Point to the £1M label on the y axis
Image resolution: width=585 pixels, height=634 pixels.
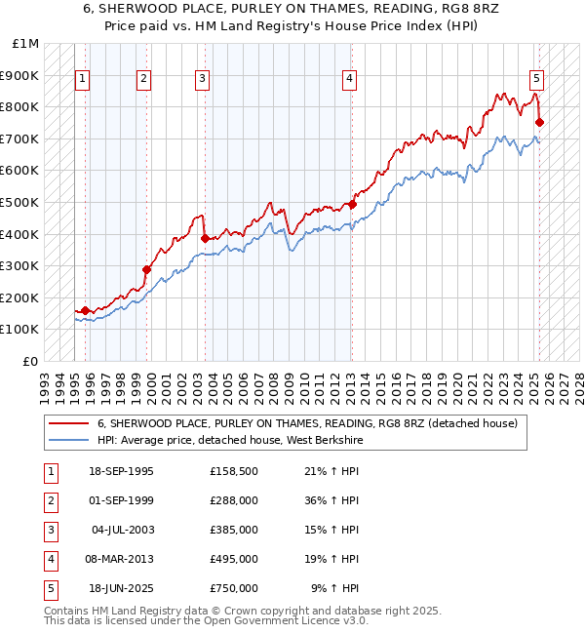(x=26, y=44)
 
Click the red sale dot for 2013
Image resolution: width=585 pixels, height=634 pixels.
(x=352, y=205)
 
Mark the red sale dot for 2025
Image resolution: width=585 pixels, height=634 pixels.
(x=540, y=122)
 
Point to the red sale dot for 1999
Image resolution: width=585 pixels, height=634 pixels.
(x=146, y=269)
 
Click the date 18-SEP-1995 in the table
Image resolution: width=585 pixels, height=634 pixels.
(x=121, y=471)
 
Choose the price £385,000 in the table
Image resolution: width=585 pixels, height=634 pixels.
(x=234, y=530)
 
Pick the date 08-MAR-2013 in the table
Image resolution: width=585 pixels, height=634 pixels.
(x=121, y=559)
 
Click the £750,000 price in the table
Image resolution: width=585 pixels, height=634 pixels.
(x=234, y=588)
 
